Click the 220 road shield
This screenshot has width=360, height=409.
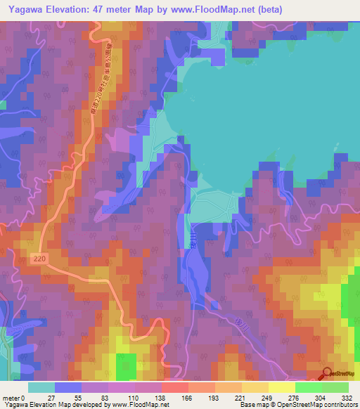coord(40,260)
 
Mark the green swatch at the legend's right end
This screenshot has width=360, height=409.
coord(335,387)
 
